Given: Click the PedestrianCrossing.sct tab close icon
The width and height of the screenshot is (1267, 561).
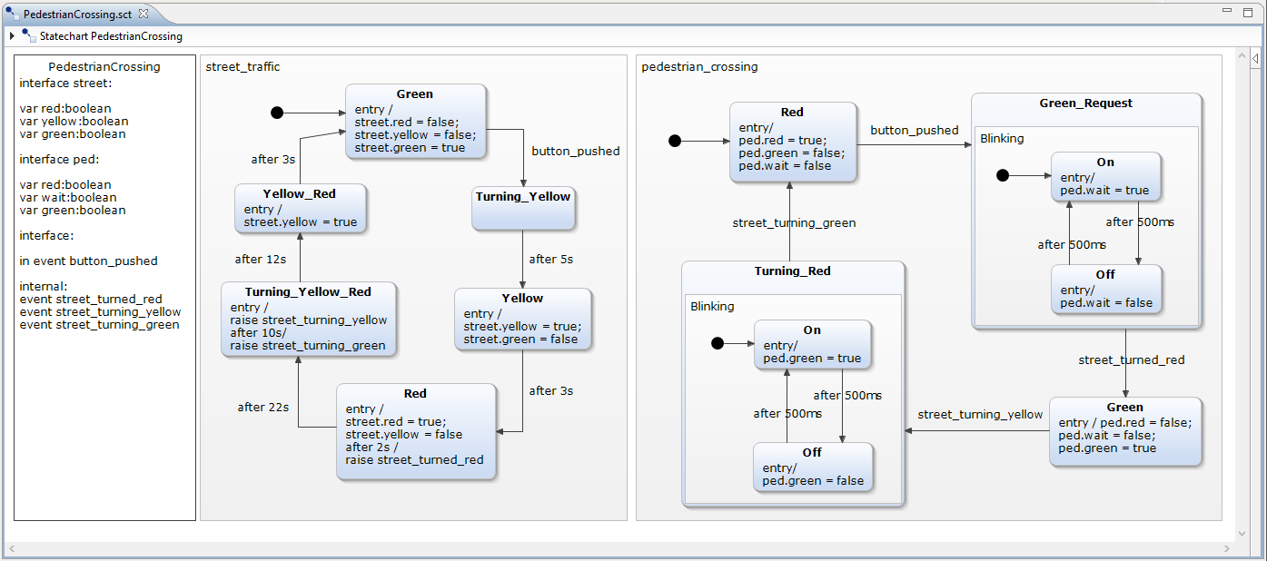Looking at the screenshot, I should [144, 14].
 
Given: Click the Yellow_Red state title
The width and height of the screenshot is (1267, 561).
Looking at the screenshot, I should [299, 193].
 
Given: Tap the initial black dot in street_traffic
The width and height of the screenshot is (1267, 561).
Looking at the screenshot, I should [277, 113].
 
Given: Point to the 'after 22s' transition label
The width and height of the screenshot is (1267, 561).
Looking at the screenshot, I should [263, 408].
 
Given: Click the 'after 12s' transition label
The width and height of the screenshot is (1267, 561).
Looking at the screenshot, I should [261, 260].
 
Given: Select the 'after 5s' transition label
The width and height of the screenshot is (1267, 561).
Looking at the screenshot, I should [551, 260].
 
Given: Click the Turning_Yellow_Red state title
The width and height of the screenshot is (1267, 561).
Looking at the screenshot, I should [308, 291].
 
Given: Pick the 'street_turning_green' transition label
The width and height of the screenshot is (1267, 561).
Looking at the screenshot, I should [794, 223].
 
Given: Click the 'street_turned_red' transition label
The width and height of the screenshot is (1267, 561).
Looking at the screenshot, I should [1131, 360].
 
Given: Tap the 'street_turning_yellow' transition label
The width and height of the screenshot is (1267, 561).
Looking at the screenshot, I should [980, 415].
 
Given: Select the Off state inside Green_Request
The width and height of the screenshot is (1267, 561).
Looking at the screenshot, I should [1105, 289].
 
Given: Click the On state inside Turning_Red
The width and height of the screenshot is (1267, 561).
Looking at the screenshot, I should [812, 344].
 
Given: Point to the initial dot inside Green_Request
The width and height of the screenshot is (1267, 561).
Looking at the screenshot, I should [1003, 175].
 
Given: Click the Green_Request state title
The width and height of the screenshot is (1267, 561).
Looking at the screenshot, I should [1085, 103].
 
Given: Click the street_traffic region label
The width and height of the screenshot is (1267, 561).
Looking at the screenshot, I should [243, 67].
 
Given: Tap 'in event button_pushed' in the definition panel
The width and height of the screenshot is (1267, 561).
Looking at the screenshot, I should [88, 261].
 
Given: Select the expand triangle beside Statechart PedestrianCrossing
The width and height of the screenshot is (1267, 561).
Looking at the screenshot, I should [12, 36].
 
